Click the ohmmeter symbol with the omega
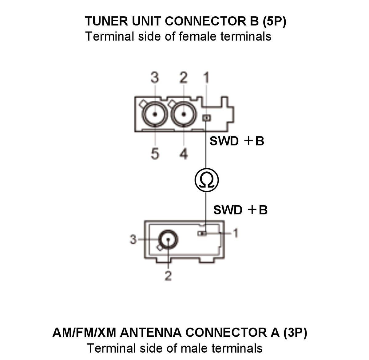pyautogui.click(x=207, y=180)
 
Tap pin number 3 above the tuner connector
pyautogui.click(x=155, y=78)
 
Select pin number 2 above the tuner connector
pyautogui.click(x=183, y=78)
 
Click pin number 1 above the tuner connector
pyautogui.click(x=206, y=78)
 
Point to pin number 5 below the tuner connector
pyautogui.click(x=155, y=154)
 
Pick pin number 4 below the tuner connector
pyautogui.click(x=184, y=154)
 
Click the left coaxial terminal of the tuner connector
pyautogui.click(x=155, y=114)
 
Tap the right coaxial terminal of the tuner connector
pyautogui.click(x=184, y=114)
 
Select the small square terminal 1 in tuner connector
pyautogui.click(x=206, y=118)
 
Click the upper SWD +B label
pyautogui.click(x=237, y=141)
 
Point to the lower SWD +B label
pyautogui.click(x=240, y=210)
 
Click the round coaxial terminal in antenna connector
pyautogui.click(x=168, y=239)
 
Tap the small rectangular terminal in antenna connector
pyautogui.click(x=202, y=233)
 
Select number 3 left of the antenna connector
pyautogui.click(x=133, y=239)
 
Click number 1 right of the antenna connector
pyautogui.click(x=235, y=233)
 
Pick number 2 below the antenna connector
pyautogui.click(x=168, y=276)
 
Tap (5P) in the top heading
pyautogui.click(x=274, y=22)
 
